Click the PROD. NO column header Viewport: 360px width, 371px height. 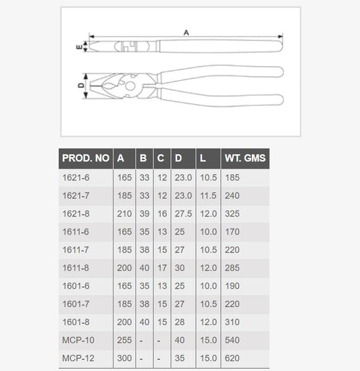tap(86, 158)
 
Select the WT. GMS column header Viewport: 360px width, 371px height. tap(245, 158)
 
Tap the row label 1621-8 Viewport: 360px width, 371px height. tap(76, 214)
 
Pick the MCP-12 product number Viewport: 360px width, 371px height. tap(78, 358)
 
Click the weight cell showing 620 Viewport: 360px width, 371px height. tap(232, 358)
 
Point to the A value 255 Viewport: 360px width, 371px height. tap(124, 340)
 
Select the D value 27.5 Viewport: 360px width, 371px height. tap(183, 214)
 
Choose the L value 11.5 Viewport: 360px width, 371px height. tap(209, 196)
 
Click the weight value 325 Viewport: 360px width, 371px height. tap(232, 214)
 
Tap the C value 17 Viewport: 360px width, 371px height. tap(162, 268)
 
